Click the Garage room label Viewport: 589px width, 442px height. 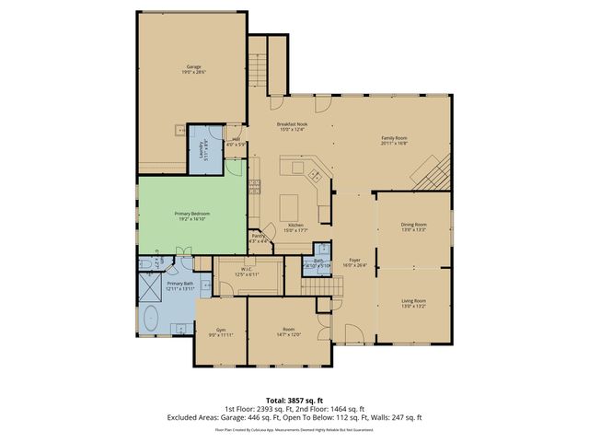coord(193,67)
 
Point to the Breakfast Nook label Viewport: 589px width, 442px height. coord(292,124)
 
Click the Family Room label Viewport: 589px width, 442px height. coord(395,139)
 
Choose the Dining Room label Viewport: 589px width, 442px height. coord(413,225)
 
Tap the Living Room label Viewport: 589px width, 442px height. coord(413,301)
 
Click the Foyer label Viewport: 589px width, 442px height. coord(354,262)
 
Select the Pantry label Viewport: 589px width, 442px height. coord(260,236)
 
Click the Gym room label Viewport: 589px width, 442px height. coord(221,330)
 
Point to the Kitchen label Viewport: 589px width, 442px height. coord(295,226)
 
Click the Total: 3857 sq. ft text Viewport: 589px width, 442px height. coord(294,400)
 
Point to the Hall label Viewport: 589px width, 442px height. coord(237,140)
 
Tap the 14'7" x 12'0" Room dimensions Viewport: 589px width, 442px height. coord(288,334)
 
